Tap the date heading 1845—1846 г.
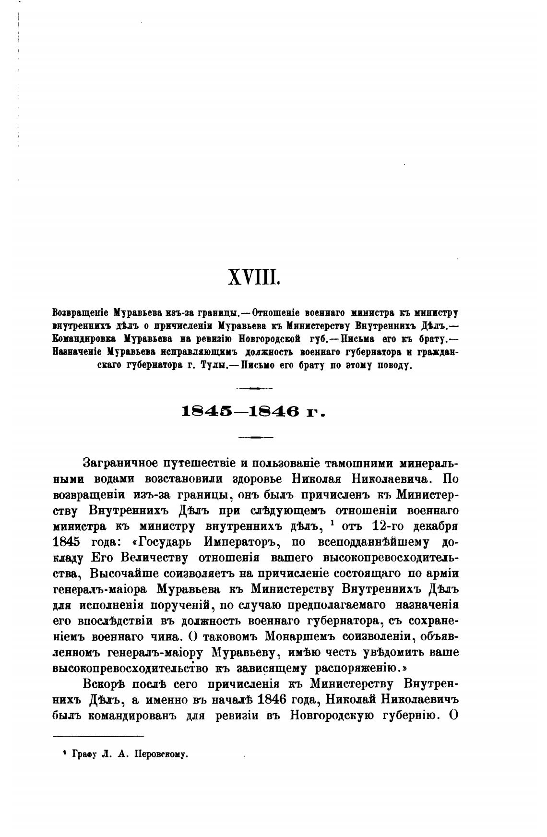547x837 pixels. (x=254, y=412)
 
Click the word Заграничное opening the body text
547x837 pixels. (x=120, y=464)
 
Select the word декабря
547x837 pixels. (x=435, y=526)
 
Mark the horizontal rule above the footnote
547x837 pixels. (x=98, y=736)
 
